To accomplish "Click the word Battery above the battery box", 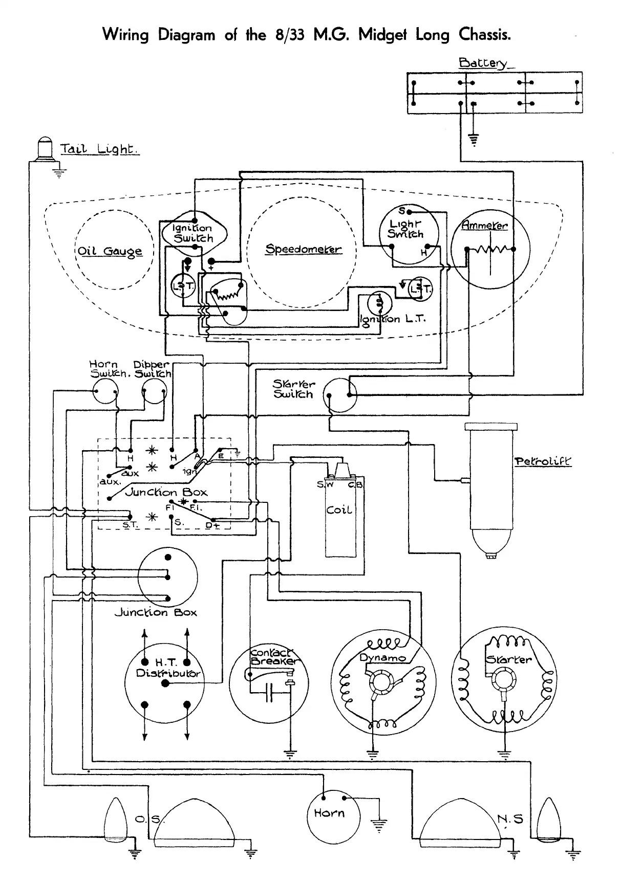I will pyautogui.click(x=483, y=63).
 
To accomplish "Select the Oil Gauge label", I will pyautogui.click(x=110, y=252).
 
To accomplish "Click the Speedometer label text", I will pyautogui.click(x=303, y=249).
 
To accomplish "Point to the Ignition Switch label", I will pyautogui.click(x=193, y=233).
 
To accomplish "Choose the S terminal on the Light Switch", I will pyautogui.click(x=402, y=211).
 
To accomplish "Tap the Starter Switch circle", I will pyautogui.click(x=340, y=395).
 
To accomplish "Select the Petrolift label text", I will pyautogui.click(x=542, y=462).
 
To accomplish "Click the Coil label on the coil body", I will pyautogui.click(x=339, y=510).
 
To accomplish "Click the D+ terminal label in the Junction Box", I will pyautogui.click(x=212, y=525).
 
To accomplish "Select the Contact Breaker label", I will pyautogui.click(x=272, y=657).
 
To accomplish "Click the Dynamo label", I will pyautogui.click(x=382, y=658).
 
